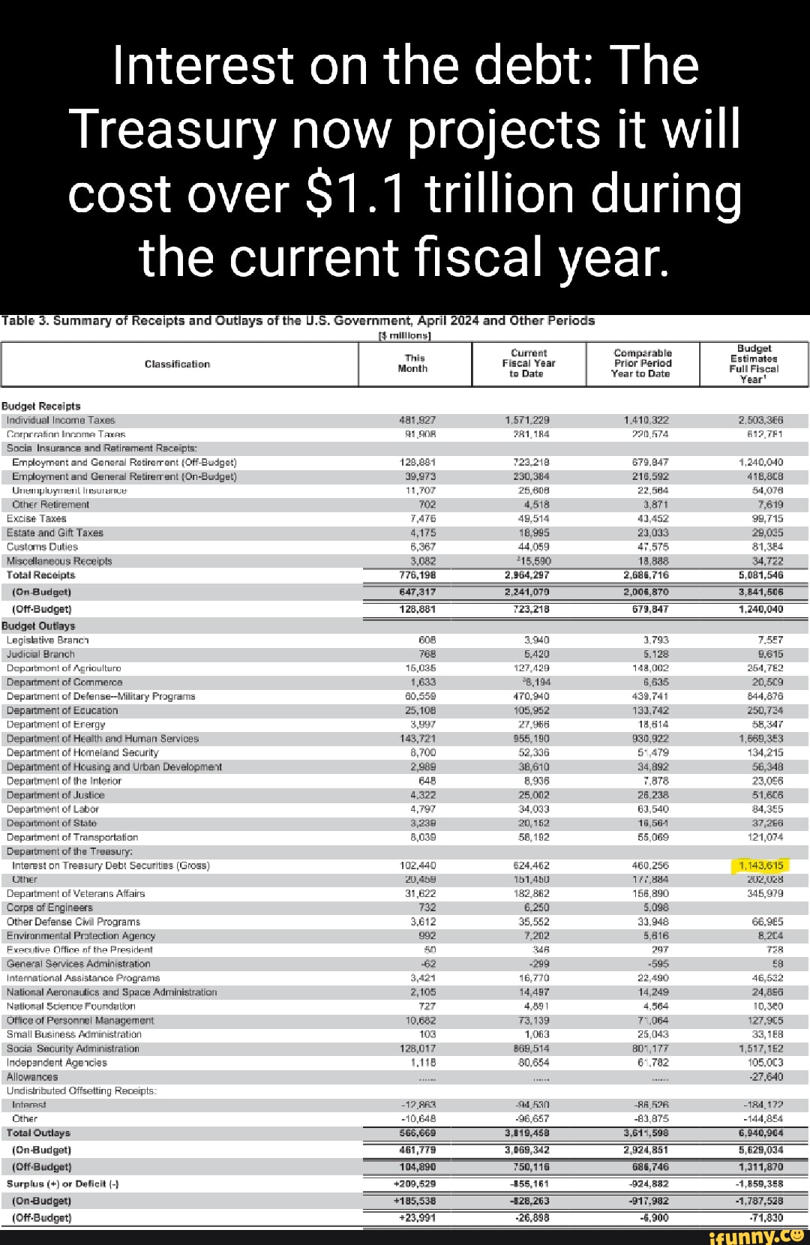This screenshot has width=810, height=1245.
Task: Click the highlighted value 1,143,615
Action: pyautogui.click(x=760, y=865)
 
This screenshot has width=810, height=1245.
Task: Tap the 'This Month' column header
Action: pyautogui.click(x=412, y=364)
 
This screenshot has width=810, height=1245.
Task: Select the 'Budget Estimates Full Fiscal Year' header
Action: pyautogui.click(x=754, y=364)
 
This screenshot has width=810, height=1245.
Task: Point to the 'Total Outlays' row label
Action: pyautogui.click(x=38, y=1132)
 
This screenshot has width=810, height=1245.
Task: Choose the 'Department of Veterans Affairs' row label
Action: pyautogui.click(x=76, y=893)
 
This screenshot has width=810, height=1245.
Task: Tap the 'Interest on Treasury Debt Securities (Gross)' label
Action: pyautogui.click(x=111, y=865)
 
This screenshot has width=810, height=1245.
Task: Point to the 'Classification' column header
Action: pyautogui.click(x=177, y=364)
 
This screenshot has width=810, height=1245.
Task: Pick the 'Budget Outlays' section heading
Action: pyautogui.click(x=38, y=625)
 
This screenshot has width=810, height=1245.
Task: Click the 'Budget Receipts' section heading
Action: pyautogui.click(x=40, y=406)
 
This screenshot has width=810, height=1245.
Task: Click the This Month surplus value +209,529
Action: pyautogui.click(x=415, y=1183)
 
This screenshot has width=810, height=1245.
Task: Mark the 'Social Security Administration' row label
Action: pyautogui.click(x=73, y=1048)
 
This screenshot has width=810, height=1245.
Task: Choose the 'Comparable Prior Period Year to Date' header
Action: pyautogui.click(x=642, y=364)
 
